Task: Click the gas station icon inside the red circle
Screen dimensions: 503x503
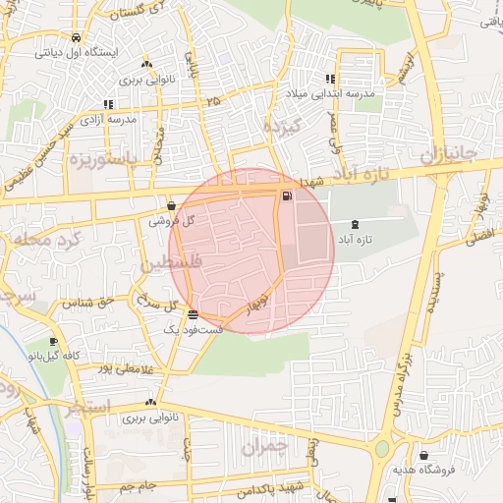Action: tap(287, 196)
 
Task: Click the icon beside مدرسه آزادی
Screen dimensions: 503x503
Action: tap(107, 103)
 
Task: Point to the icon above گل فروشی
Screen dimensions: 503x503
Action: tap(172, 206)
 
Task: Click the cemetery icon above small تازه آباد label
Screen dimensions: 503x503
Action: tap(355, 225)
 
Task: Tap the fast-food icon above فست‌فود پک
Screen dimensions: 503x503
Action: tap(192, 315)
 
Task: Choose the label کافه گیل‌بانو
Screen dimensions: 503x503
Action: tap(55, 354)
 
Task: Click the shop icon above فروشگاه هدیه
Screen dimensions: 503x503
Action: tap(423, 456)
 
